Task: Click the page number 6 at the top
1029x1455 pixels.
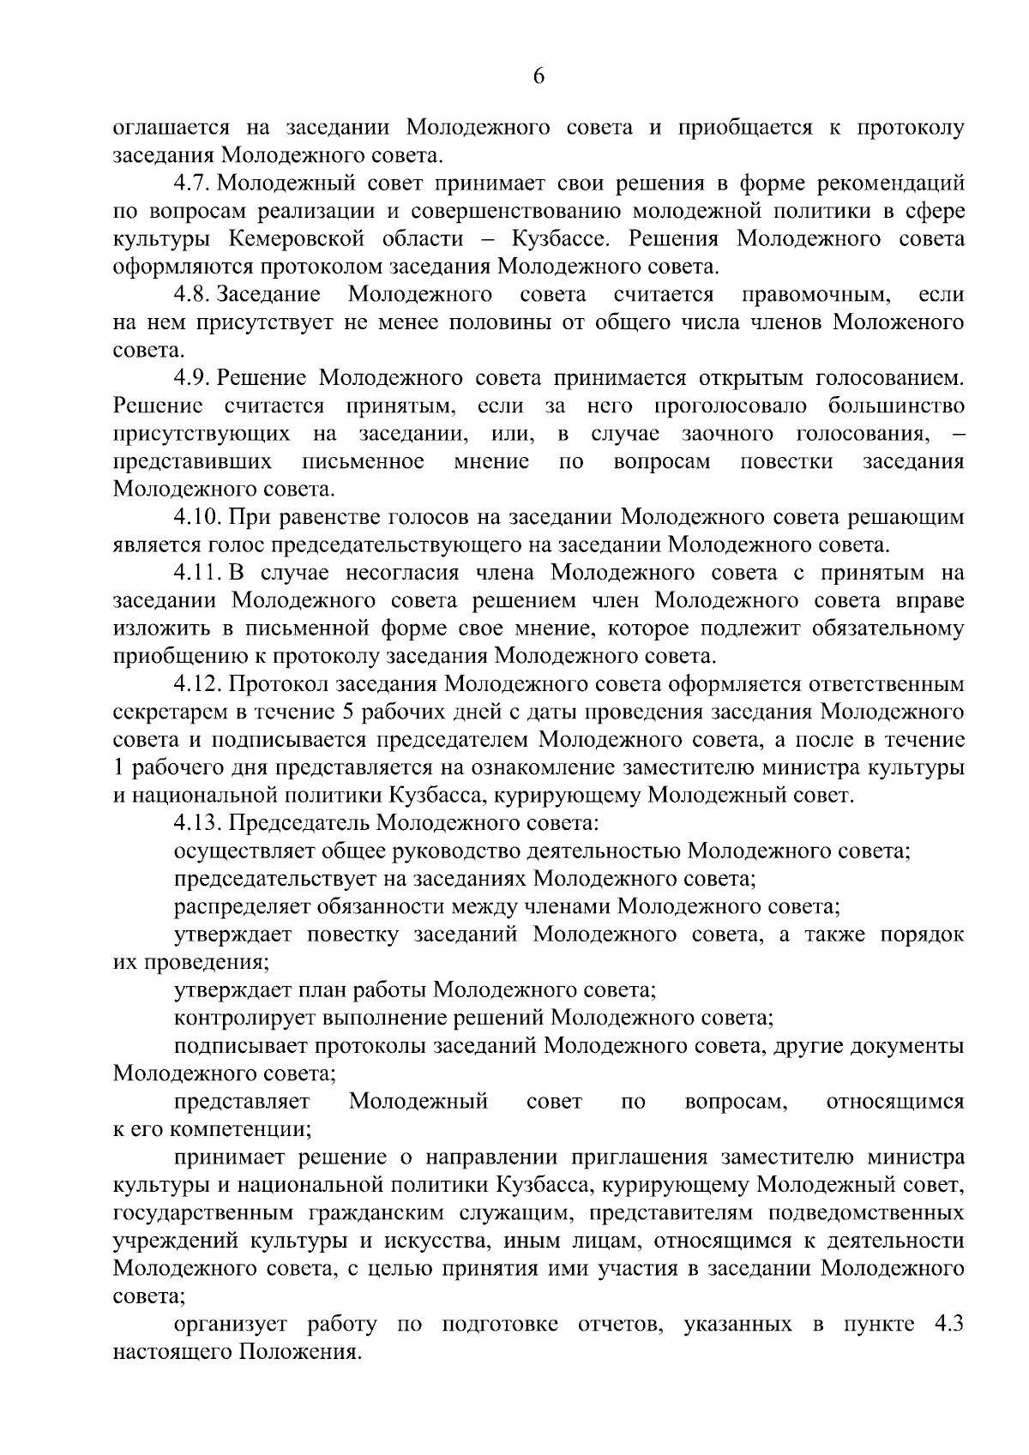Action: [x=539, y=76]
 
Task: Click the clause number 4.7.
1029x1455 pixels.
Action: [x=192, y=183]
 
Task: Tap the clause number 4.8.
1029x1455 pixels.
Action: [x=192, y=295]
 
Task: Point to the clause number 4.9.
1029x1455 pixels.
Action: [x=192, y=378]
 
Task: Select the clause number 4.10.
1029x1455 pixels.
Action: [x=199, y=518]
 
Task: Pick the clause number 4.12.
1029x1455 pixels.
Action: [x=199, y=685]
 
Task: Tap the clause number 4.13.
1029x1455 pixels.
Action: [x=199, y=824]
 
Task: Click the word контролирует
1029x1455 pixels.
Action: [x=249, y=1019]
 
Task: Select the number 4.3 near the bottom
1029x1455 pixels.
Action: [x=948, y=1325]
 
